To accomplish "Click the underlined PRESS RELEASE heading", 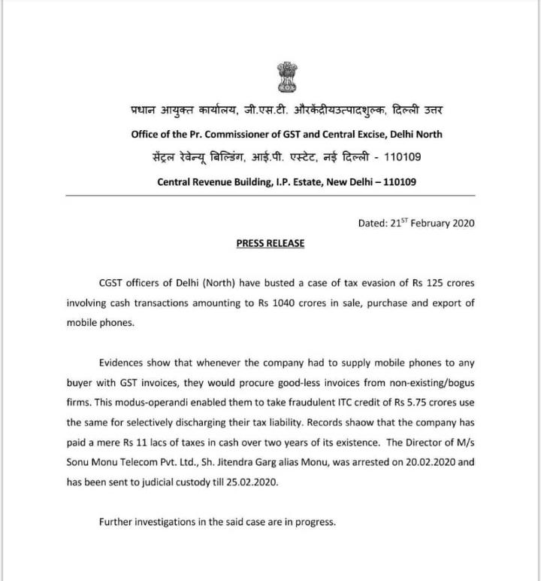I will [270, 244].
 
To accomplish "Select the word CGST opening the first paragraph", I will [113, 284].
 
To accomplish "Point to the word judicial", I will [150, 481].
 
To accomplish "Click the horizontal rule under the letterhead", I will [270, 196].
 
